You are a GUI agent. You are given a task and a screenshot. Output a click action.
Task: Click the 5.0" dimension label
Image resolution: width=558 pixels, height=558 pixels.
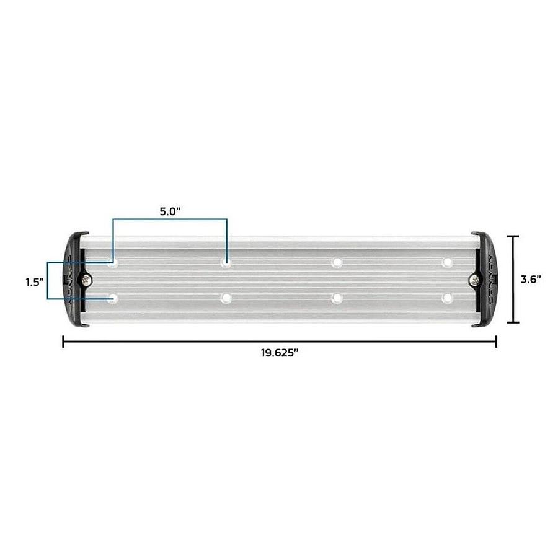click(x=169, y=211)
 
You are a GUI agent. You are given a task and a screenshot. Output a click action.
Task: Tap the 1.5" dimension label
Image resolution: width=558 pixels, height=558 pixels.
click(x=33, y=282)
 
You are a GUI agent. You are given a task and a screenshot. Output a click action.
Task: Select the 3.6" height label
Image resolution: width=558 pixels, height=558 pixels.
click(x=531, y=279)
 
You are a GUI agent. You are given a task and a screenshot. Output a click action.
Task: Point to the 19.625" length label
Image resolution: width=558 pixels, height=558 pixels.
click(x=280, y=353)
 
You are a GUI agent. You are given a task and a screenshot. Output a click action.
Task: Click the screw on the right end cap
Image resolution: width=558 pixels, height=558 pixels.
click(x=475, y=280)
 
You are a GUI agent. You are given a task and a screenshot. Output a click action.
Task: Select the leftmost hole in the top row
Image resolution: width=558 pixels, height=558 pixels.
click(x=113, y=263)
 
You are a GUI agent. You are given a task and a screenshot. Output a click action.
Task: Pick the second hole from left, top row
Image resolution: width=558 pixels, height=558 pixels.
click(x=226, y=263)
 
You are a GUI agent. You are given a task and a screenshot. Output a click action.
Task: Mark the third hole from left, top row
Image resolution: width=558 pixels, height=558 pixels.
click(x=337, y=263)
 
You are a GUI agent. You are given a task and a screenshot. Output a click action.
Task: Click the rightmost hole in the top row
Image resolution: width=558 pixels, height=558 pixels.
click(x=447, y=263)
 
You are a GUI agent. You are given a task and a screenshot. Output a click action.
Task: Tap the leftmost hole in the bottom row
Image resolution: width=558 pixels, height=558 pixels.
click(x=113, y=299)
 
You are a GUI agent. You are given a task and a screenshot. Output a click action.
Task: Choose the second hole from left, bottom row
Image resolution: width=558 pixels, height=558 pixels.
click(x=226, y=299)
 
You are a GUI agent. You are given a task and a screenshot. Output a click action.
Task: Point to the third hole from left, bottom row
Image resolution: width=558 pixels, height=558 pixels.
click(x=337, y=299)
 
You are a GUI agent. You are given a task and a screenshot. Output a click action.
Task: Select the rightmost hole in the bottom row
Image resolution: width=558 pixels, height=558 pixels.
click(x=447, y=299)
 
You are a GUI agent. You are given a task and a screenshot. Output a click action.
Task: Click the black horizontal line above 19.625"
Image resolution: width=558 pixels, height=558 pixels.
click(x=279, y=341)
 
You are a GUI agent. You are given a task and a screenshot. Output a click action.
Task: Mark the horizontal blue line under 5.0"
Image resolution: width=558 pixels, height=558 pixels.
click(x=169, y=219)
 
